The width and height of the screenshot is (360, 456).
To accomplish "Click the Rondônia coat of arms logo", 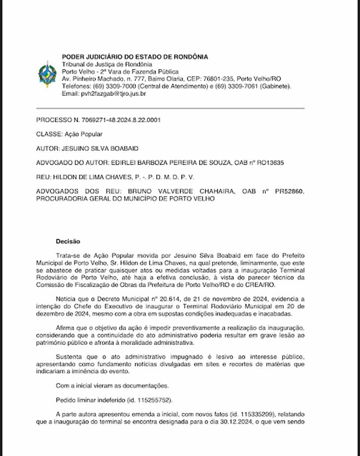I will coord(48,74).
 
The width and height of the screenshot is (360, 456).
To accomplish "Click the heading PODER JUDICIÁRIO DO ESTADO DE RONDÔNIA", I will coord(135,57).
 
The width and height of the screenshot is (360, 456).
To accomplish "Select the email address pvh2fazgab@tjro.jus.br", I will coord(114,94).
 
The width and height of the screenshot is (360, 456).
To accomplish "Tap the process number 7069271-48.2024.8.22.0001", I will coord(120,120).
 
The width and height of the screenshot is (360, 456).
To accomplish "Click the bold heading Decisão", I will coord(68,242).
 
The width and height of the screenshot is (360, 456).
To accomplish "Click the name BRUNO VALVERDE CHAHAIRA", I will coord(181,191).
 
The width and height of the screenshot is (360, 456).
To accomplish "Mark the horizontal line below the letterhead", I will coord(170,108).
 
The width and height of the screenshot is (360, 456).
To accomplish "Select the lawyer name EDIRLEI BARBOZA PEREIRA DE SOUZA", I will coord(171,163).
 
